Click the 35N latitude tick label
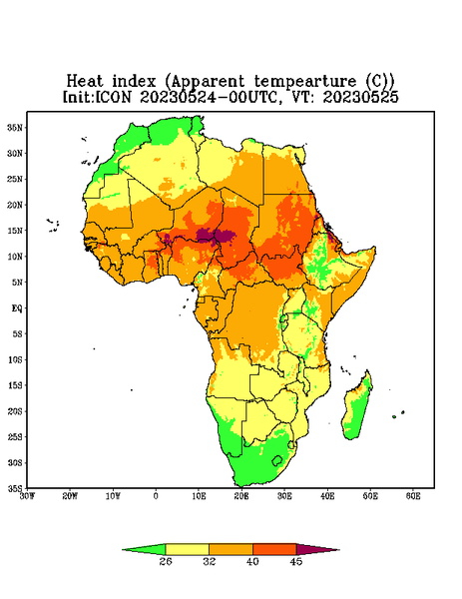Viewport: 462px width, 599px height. tap(15, 128)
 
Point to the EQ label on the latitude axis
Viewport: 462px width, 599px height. tap(16, 308)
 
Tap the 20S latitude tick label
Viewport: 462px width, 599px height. tap(15, 411)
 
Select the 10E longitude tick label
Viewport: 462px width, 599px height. tap(199, 496)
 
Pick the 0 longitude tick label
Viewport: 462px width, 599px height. tap(156, 496)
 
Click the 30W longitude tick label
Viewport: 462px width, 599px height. tap(27, 496)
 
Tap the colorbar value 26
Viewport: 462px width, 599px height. tap(166, 561)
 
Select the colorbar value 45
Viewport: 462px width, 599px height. tap(296, 561)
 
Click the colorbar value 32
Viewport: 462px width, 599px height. tap(210, 561)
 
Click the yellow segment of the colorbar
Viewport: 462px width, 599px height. tap(187, 549)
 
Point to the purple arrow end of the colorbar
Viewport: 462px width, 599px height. tap(318, 549)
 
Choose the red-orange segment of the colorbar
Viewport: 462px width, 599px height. tap(274, 549)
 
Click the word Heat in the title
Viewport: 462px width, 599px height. tap(85, 81)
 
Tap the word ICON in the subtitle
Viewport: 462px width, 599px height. tap(113, 97)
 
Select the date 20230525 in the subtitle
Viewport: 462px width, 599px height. tap(360, 97)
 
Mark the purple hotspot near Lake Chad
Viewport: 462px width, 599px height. tap(215, 236)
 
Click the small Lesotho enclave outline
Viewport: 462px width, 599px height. tap(277, 460)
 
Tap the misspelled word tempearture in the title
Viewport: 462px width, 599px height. tap(304, 82)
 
